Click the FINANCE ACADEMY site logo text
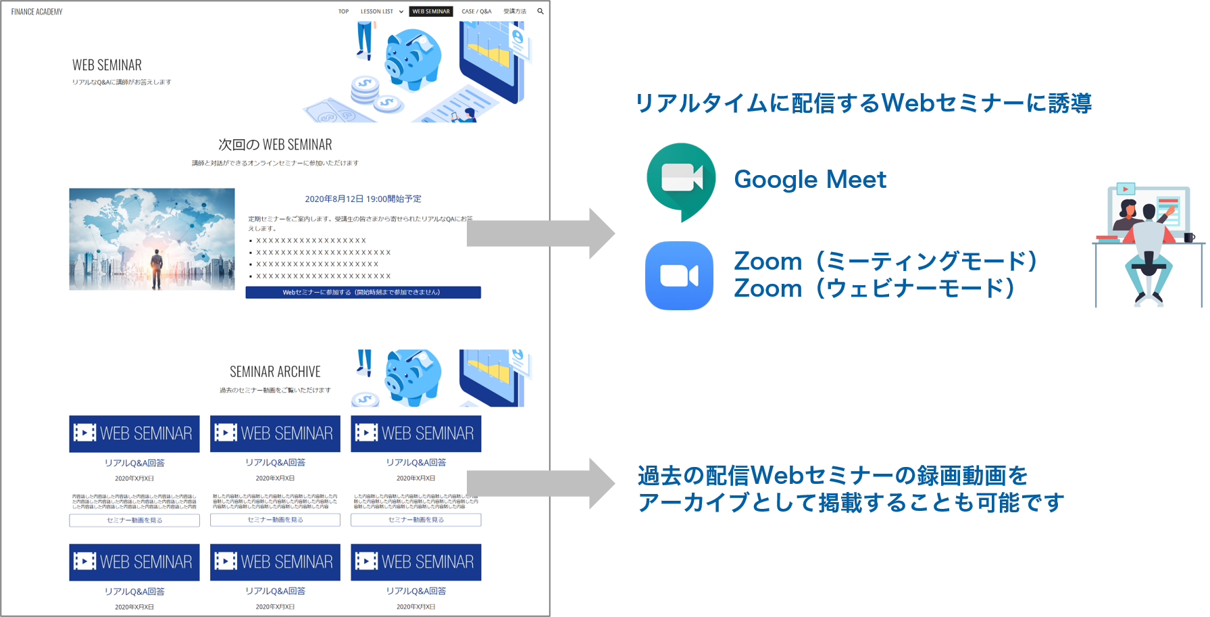tap(36, 11)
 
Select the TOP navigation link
tap(343, 11)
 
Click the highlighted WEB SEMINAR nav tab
tap(431, 11)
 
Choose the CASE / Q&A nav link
tap(476, 11)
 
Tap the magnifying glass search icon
tap(540, 11)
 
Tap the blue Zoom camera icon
tap(679, 276)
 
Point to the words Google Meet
tap(810, 180)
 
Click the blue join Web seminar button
tap(363, 293)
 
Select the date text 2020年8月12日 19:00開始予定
tap(363, 199)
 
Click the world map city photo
tap(152, 239)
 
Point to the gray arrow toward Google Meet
tap(540, 234)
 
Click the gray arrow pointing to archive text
tap(540, 484)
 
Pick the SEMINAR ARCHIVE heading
tap(275, 372)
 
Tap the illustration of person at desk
tap(1149, 244)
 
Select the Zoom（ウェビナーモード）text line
tap(874, 289)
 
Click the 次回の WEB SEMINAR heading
tap(275, 145)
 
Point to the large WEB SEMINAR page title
tap(107, 66)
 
